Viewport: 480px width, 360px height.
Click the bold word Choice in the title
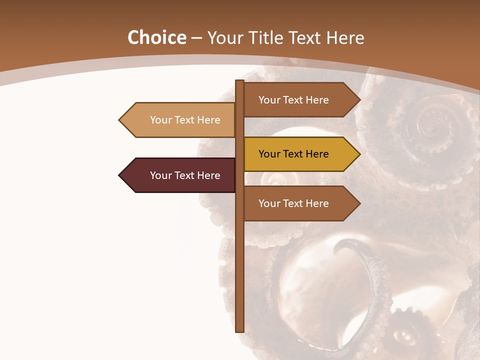[156, 37]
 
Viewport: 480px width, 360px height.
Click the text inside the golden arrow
[293, 154]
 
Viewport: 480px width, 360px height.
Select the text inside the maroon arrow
[185, 175]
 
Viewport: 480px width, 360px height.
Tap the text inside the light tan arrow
[185, 120]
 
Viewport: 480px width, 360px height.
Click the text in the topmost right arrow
[293, 100]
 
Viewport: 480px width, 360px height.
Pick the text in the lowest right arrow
[293, 203]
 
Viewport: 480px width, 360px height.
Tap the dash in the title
[196, 38]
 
